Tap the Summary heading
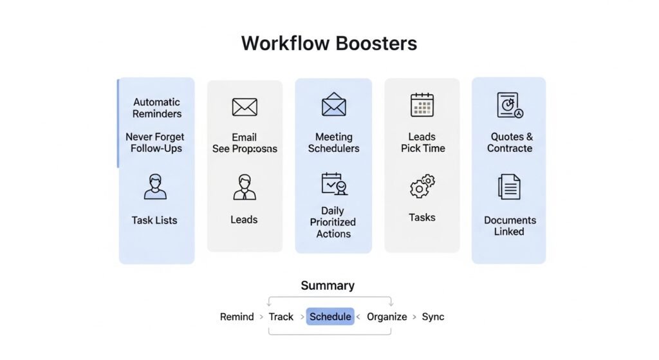coord(328,285)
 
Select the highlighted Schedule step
coord(330,316)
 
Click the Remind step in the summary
coord(237,316)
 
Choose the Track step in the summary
coord(281,316)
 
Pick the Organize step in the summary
coord(387,316)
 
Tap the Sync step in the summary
coord(433,316)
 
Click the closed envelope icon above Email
coord(245,107)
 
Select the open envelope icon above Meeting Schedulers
coord(333,104)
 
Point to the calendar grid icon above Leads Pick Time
coord(422,105)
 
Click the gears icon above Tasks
coord(422,187)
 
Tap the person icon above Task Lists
coord(154,186)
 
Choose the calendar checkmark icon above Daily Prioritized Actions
coord(333,184)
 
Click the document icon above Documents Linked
coord(509,187)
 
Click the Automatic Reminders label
coord(157,108)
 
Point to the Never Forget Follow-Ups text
coord(155,142)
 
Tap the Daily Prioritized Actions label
coord(333,222)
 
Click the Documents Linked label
coord(510,225)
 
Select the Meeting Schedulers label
coord(333,142)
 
